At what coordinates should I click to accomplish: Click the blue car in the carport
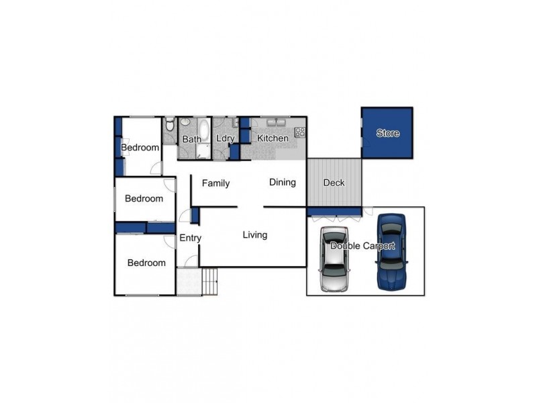(x=391, y=252)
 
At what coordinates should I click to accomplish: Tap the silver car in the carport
(x=334, y=259)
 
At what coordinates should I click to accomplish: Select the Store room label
(x=387, y=133)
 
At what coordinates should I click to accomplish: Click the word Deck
(x=334, y=183)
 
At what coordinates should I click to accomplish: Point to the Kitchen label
(x=273, y=138)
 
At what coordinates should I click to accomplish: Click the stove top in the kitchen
(x=299, y=132)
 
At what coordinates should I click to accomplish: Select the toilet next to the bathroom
(x=170, y=124)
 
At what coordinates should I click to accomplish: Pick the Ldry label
(x=226, y=139)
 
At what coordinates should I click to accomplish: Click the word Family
(x=215, y=183)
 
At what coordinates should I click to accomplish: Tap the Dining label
(x=282, y=182)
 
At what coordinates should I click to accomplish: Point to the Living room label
(x=255, y=235)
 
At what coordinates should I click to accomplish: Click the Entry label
(x=190, y=238)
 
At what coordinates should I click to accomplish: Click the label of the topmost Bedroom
(x=140, y=148)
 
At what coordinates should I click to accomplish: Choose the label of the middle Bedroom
(x=144, y=199)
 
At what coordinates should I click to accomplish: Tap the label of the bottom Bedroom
(x=146, y=263)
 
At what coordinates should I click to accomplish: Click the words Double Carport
(x=362, y=246)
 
